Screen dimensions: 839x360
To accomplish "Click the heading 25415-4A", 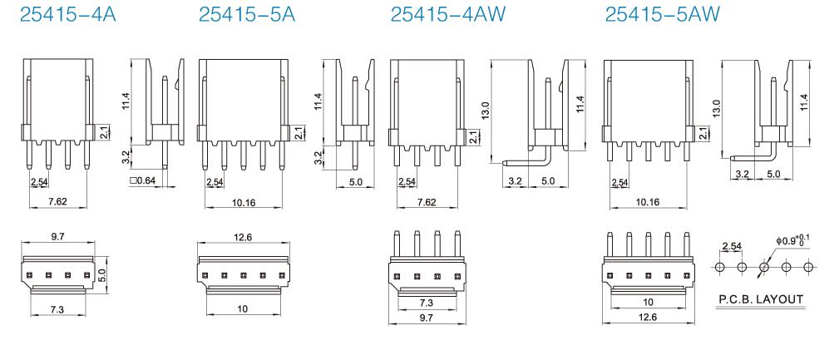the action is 67,14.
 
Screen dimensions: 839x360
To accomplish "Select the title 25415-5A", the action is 247,14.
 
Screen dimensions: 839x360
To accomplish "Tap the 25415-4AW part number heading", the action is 448,14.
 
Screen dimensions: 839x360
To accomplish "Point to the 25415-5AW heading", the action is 663,14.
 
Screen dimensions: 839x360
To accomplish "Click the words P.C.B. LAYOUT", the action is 760,299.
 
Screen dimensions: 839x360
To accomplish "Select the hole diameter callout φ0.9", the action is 790,241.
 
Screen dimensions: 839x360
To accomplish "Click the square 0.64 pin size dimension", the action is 143,180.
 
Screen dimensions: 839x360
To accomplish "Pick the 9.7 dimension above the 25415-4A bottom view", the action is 58,237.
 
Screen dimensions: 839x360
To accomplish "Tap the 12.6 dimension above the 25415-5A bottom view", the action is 243,237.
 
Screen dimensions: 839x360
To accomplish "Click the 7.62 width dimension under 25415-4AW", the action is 427,202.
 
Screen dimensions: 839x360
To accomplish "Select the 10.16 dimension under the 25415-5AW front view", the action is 648,202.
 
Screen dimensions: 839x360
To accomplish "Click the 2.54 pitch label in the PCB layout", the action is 732,247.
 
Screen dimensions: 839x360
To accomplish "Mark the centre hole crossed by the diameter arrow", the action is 764,266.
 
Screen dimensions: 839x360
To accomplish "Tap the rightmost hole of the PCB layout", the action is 809,266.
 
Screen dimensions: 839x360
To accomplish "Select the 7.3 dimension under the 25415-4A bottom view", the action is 57,308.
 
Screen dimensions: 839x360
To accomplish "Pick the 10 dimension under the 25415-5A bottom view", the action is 243,308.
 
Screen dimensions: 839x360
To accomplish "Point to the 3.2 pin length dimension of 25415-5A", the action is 318,157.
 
